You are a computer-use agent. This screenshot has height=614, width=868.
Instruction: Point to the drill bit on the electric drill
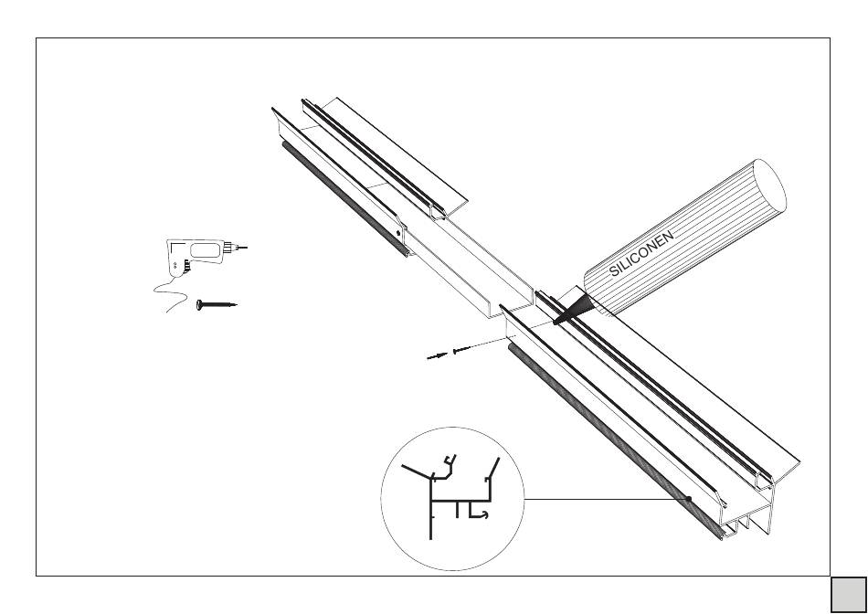tap(242, 248)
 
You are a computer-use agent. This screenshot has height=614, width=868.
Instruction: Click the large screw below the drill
tap(216, 304)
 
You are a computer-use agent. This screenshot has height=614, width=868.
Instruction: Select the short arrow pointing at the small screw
tap(437, 356)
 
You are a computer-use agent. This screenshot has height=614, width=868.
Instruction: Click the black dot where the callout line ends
tap(691, 499)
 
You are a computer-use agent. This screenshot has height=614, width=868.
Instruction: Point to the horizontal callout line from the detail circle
tap(603, 499)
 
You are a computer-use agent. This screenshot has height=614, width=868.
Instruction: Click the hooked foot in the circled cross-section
tap(479, 515)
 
